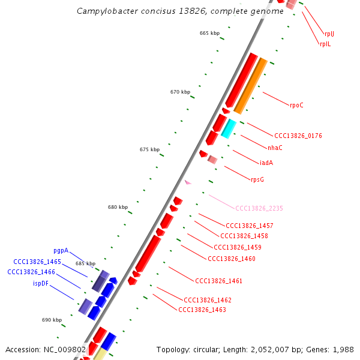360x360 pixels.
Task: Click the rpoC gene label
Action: (296, 106)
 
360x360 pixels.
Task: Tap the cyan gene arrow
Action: (228, 128)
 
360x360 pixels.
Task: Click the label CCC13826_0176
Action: (298, 136)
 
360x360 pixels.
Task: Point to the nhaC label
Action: (275, 148)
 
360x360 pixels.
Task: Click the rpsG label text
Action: (257, 179)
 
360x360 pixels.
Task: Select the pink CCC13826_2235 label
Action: (259, 208)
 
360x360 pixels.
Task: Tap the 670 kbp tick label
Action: (180, 92)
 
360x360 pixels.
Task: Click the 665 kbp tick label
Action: (209, 33)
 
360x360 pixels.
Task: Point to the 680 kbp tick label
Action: (118, 207)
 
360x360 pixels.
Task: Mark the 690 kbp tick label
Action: (52, 320)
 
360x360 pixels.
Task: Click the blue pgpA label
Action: (61, 251)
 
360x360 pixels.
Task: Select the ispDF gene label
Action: (41, 283)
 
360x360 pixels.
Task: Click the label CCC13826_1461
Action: (218, 281)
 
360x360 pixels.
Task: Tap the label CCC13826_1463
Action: (202, 310)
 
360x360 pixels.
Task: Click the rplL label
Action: (325, 44)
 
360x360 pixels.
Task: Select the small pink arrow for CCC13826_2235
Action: (188, 182)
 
